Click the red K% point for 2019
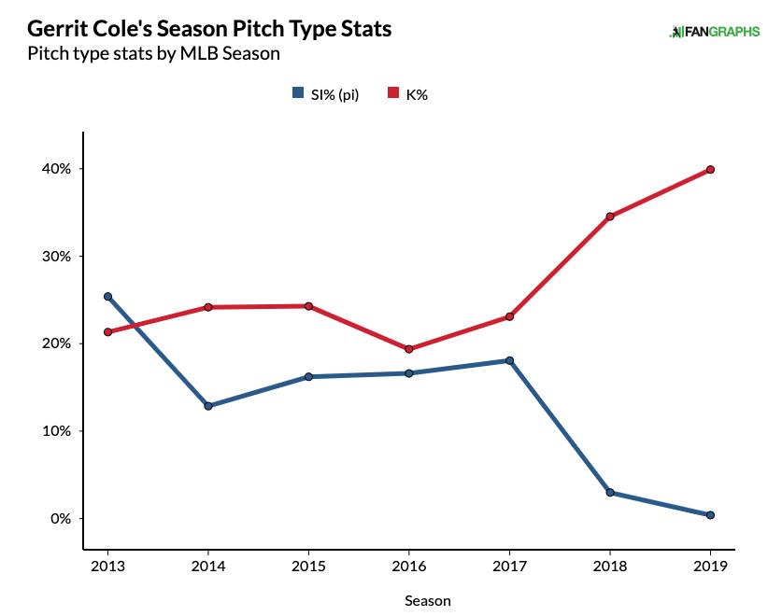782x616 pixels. tap(710, 170)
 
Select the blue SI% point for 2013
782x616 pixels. tap(107, 297)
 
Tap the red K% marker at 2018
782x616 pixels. tap(610, 217)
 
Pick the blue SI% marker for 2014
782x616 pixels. tap(207, 406)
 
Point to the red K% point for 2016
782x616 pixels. tap(408, 349)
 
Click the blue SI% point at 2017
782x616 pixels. tap(509, 360)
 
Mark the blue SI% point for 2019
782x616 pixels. tap(710, 515)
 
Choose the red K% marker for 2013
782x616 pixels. tap(107, 332)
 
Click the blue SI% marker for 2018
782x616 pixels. tap(610, 493)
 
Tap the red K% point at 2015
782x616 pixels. tap(308, 306)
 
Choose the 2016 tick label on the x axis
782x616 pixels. tap(408, 566)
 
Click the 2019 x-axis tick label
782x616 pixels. tap(710, 566)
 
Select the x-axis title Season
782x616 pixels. tap(428, 601)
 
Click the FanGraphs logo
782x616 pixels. tap(714, 32)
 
